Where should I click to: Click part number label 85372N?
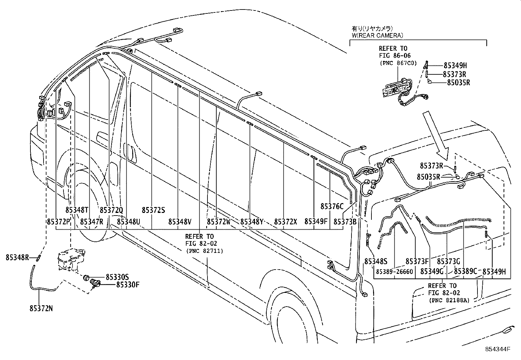41,308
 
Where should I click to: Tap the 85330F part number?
128,284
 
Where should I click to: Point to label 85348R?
17,257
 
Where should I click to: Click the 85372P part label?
59,222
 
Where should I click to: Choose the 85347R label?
92,222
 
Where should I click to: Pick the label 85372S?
153,210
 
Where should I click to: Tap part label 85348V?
180,222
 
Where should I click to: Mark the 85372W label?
219,222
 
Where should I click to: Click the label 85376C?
332,206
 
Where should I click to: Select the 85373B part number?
345,222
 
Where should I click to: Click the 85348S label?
376,261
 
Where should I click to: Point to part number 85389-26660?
394,272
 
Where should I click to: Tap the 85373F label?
417,261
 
